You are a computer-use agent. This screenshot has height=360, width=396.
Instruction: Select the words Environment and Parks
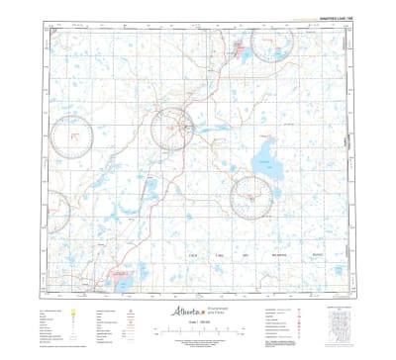coord(220,311)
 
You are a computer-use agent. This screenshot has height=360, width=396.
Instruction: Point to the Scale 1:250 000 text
coord(199,323)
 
